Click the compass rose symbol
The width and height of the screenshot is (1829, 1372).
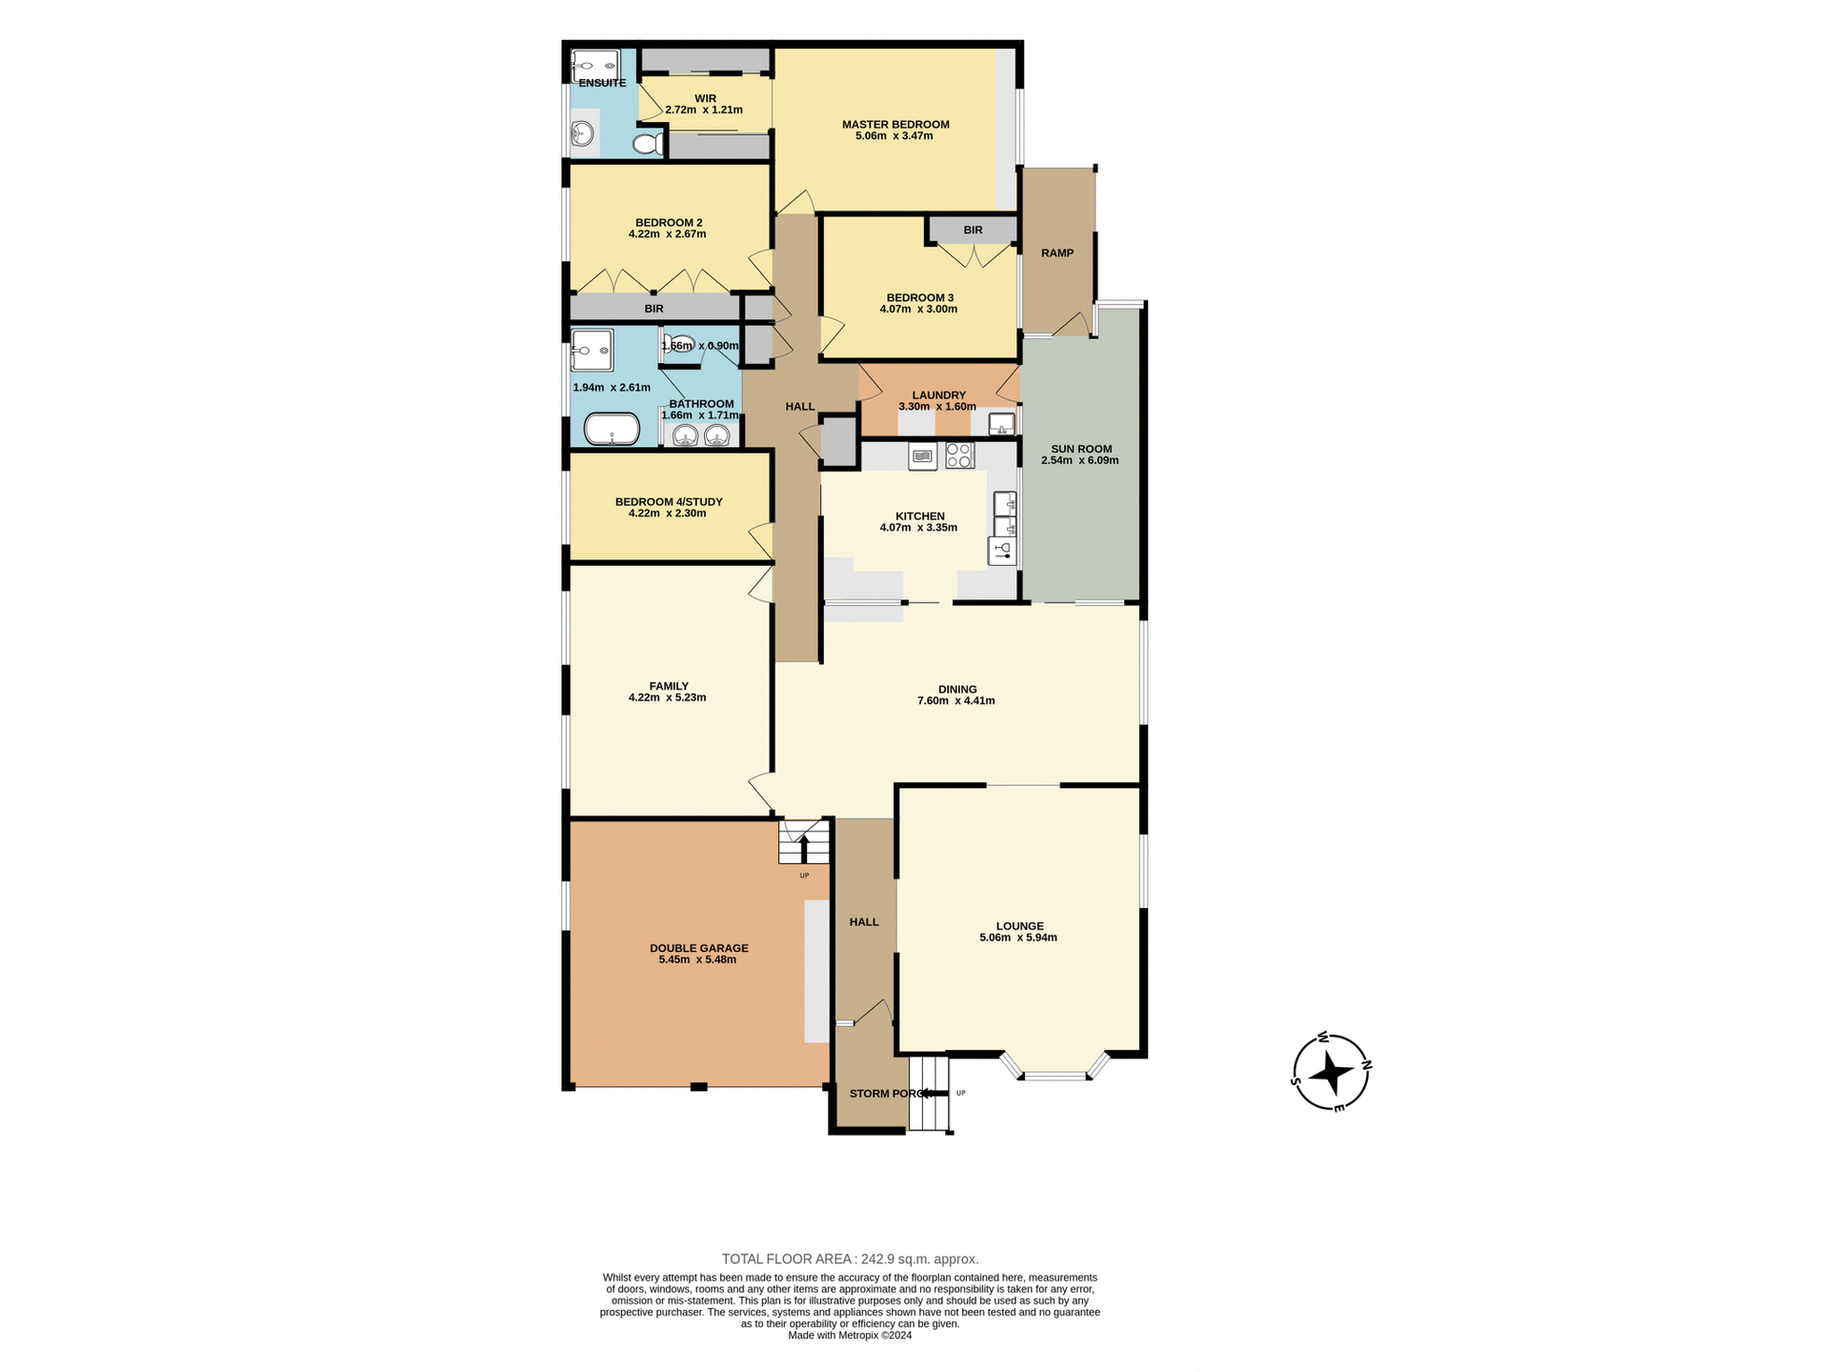point(1331,1073)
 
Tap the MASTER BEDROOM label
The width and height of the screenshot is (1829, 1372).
point(894,124)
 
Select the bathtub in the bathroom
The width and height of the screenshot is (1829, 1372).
point(611,429)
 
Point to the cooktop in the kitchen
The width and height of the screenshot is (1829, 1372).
point(959,455)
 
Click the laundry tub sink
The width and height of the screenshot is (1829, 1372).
point(1001,424)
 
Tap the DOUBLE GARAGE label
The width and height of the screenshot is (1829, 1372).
point(698,948)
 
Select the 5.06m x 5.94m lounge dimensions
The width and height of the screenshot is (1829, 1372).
point(1017,938)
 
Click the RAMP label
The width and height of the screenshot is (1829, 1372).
point(1056,253)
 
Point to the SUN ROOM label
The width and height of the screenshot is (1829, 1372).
point(1080,449)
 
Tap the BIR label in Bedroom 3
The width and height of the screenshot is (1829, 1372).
point(972,231)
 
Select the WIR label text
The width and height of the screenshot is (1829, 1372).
point(705,99)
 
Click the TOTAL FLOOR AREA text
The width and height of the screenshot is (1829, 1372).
point(850,1259)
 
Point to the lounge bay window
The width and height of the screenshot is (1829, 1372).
point(1055,1075)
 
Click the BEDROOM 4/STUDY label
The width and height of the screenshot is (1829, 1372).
point(668,502)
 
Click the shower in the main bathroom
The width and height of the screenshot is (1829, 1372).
point(592,351)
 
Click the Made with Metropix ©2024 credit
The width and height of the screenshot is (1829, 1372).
point(850,1336)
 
